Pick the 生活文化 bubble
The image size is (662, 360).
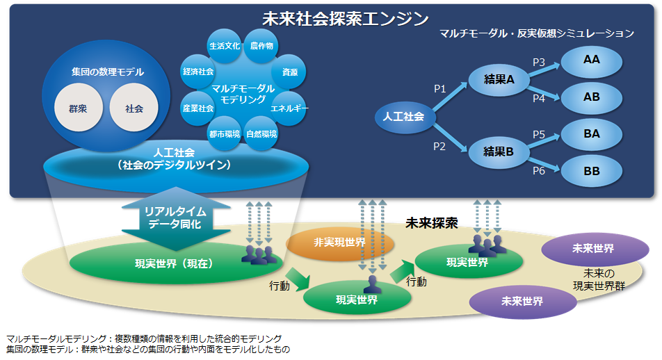point(224,46)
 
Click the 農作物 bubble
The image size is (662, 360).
point(261,45)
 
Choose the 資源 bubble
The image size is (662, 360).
point(290,72)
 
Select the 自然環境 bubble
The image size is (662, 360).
point(261,133)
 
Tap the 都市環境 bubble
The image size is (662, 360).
point(224,133)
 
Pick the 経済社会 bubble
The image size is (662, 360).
point(198,72)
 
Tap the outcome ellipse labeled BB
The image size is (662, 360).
point(592,170)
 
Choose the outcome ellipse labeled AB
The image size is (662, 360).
point(592,97)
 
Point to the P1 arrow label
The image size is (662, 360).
point(439,88)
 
